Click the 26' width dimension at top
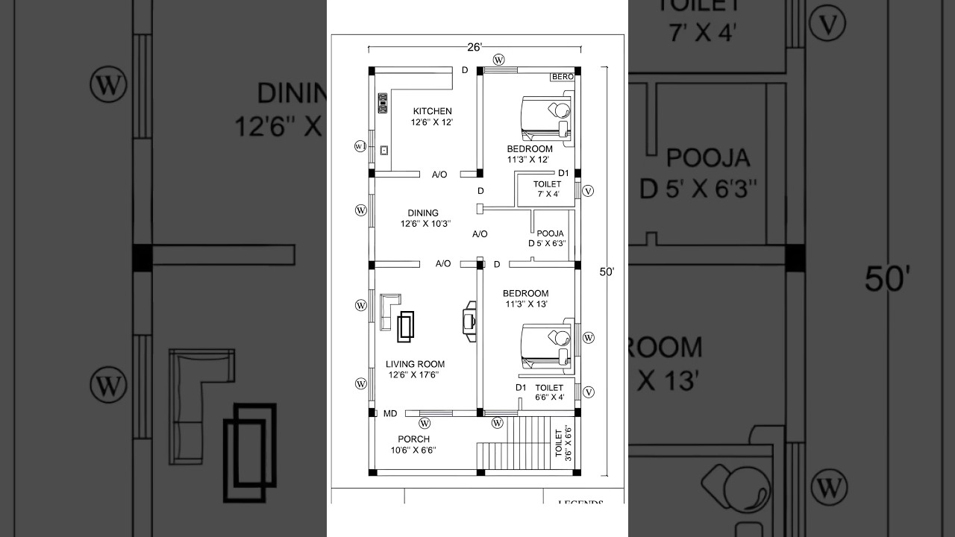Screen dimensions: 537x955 point(475,47)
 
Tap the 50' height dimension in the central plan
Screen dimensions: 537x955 point(607,272)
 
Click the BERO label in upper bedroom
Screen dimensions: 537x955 point(562,77)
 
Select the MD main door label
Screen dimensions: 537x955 point(390,413)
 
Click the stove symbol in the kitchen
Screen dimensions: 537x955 point(383,103)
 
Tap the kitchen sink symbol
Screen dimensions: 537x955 point(384,150)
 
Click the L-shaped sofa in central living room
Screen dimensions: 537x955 point(388,310)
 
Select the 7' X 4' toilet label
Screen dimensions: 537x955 point(548,189)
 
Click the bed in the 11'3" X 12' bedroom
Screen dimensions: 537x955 point(547,118)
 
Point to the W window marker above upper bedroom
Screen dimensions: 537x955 point(498,60)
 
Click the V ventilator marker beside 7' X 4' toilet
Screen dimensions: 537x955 point(588,191)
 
